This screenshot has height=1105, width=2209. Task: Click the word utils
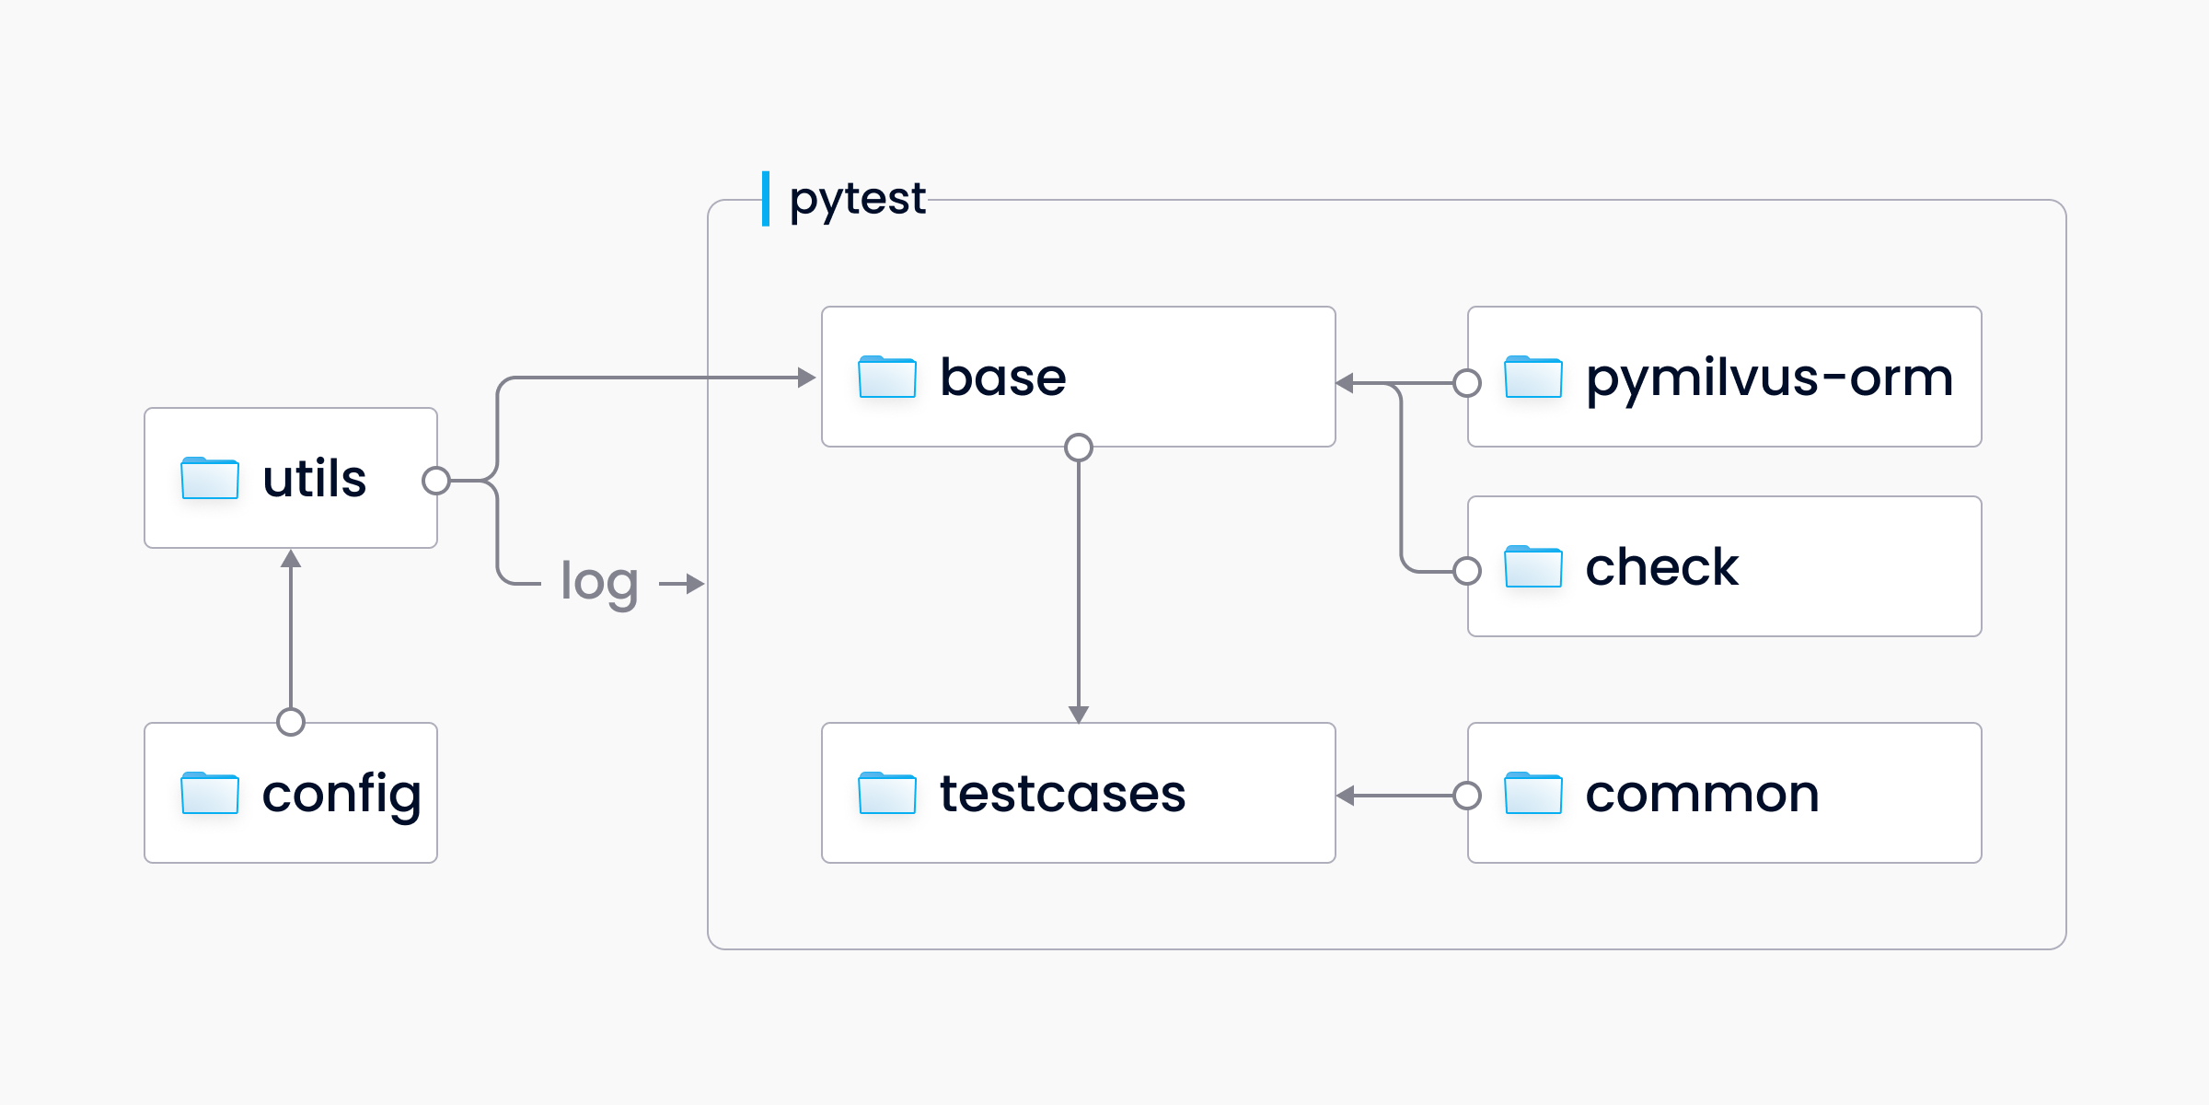314,479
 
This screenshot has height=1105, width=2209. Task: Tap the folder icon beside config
210,793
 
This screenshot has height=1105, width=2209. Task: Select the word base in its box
1002,378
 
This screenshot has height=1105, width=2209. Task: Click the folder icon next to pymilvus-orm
1532,377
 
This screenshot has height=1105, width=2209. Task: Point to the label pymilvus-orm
1768,378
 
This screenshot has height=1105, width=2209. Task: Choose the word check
1661,566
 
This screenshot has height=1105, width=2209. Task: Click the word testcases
1062,794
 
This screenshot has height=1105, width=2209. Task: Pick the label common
1702,794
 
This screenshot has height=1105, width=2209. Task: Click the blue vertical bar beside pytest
765,198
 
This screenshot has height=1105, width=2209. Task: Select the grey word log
599,583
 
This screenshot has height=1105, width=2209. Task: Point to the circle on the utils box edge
436,480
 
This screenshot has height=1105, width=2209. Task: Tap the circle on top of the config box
291,722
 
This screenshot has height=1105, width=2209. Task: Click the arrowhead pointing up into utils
291,559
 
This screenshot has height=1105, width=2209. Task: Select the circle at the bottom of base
1079,448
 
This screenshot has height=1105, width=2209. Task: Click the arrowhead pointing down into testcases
1079,714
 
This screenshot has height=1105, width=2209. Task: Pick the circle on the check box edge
1467,571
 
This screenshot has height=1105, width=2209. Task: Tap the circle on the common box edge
1467,796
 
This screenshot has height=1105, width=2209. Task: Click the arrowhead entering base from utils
806,378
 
